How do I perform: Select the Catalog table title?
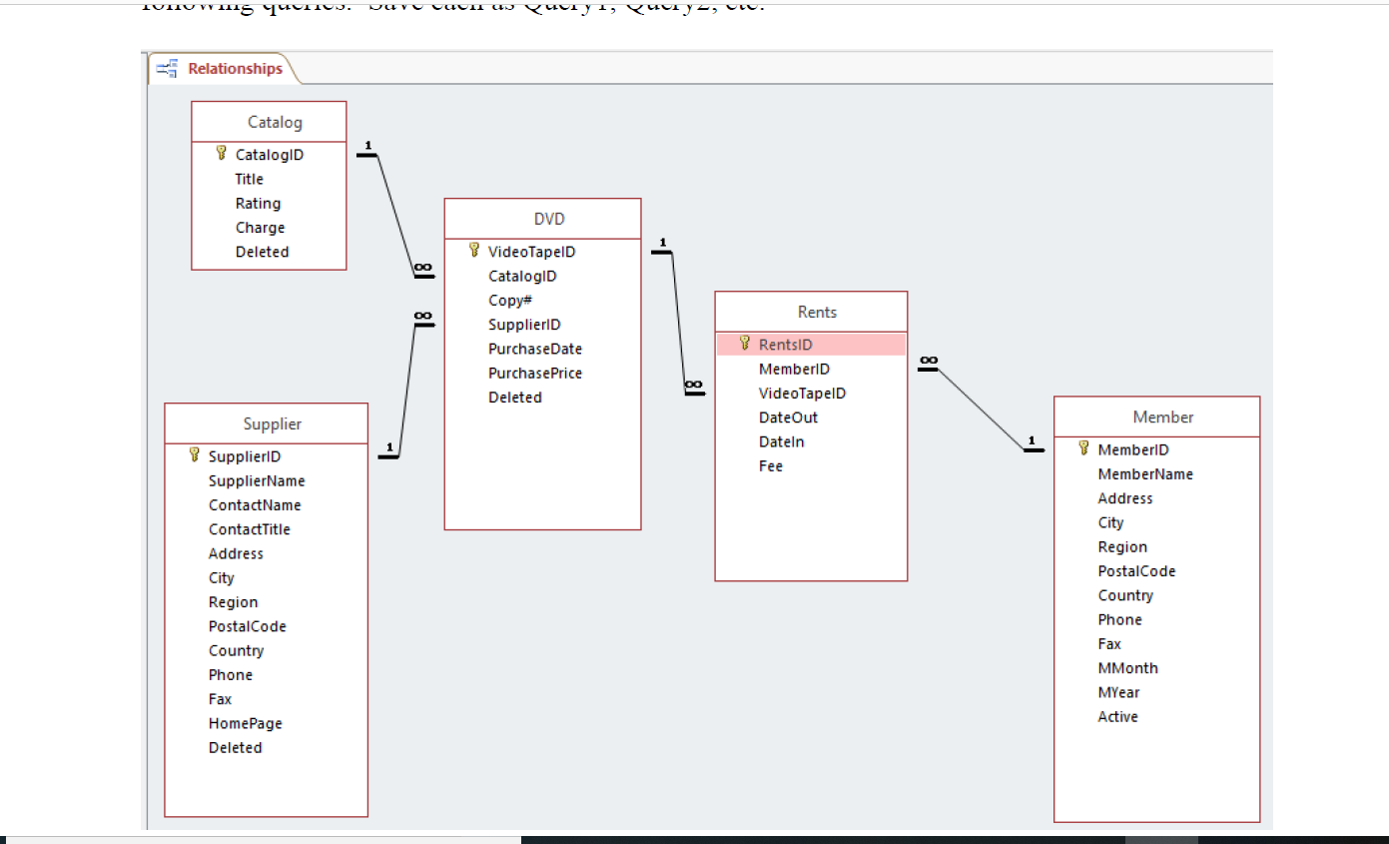pos(275,122)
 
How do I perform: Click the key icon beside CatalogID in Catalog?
pos(222,154)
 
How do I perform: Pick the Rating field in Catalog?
pos(258,204)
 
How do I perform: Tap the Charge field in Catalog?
pos(260,228)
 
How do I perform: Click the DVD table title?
pos(549,219)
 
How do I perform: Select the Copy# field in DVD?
pos(509,301)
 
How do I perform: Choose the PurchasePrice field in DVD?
pos(534,374)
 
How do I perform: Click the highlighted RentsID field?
pos(785,345)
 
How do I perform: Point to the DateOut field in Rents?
pos(788,418)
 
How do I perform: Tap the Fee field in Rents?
pos(770,466)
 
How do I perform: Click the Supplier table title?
pos(272,424)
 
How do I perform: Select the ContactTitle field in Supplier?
pos(249,529)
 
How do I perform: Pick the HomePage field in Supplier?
pos(245,723)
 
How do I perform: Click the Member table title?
pos(1162,418)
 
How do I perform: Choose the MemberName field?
pos(1144,474)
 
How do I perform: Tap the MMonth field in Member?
pos(1127,668)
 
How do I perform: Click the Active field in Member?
pos(1117,717)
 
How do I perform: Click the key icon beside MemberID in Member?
pos(1084,449)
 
